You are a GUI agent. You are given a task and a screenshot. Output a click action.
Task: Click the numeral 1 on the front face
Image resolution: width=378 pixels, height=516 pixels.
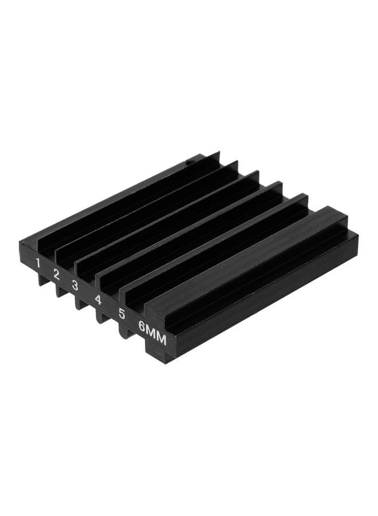38,263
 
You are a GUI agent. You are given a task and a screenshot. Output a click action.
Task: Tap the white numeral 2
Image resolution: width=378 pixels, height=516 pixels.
56,275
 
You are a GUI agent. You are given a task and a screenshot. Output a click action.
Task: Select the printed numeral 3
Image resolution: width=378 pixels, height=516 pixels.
75,286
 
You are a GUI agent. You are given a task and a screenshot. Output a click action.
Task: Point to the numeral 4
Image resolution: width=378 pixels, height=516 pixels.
97,299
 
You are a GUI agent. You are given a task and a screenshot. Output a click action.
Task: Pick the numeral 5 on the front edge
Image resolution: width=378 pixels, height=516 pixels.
122,314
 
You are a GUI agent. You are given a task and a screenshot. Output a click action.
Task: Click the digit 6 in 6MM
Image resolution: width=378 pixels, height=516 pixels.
143,327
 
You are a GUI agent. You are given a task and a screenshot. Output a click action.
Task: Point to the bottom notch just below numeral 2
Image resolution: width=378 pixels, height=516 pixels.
61,291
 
